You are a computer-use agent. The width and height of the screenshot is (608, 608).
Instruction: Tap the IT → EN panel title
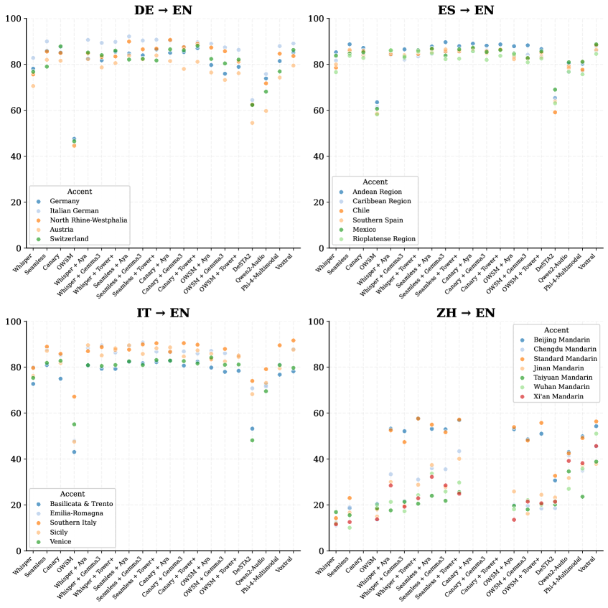click(163, 313)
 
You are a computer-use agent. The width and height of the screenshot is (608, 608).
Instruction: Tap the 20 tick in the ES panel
click(321, 202)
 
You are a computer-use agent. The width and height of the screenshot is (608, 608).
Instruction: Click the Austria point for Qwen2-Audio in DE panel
click(266, 111)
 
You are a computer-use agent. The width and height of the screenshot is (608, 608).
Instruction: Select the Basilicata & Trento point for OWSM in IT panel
click(74, 452)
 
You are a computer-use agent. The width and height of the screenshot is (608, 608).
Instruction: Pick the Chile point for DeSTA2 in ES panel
click(555, 112)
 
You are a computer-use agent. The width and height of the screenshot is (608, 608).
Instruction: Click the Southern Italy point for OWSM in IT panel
click(74, 396)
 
